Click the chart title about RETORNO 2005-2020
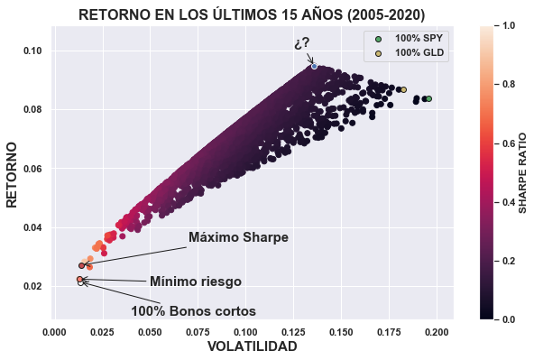(x=252, y=14)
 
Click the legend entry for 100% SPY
(x=419, y=38)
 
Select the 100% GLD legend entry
(x=419, y=53)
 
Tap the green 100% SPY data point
(x=429, y=98)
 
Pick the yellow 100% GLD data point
(x=403, y=89)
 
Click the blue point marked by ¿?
(x=314, y=66)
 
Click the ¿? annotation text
(x=302, y=43)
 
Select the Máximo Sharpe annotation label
(x=238, y=237)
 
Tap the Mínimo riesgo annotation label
(x=195, y=282)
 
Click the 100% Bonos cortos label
(x=193, y=310)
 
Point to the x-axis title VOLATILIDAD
(x=252, y=346)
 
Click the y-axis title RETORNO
(x=14, y=173)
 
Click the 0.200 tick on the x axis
(x=437, y=330)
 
